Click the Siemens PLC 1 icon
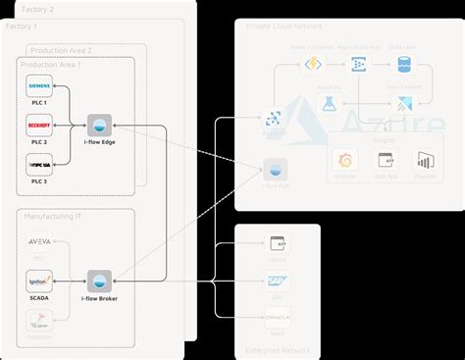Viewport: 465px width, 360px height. click(x=39, y=87)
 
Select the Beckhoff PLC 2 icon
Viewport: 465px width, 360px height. click(x=39, y=126)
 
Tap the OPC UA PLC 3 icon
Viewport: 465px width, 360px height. click(x=39, y=164)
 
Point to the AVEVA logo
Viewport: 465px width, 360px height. click(x=39, y=241)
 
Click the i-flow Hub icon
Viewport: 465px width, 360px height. click(x=277, y=169)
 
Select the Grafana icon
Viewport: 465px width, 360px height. click(x=345, y=161)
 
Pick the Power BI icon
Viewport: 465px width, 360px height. click(x=426, y=161)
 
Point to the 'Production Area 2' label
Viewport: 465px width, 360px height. click(x=61, y=50)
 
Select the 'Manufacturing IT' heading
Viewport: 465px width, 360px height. click(x=53, y=216)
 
